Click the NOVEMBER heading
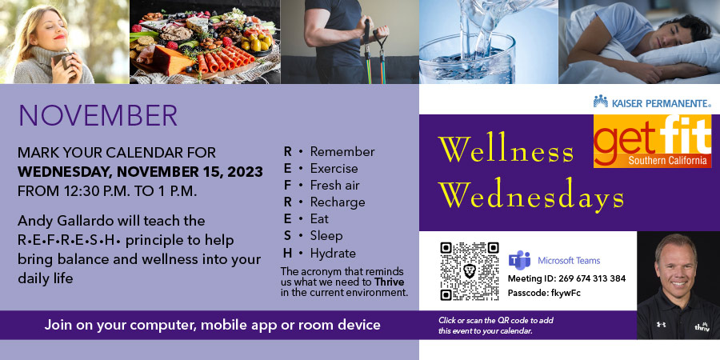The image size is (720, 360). point(98,115)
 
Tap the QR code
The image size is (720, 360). point(470,271)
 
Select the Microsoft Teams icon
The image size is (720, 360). point(519,260)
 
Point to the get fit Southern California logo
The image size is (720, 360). point(652,141)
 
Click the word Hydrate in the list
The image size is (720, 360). point(333,253)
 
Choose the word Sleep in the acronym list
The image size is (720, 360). point(326,236)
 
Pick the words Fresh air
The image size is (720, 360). point(334,186)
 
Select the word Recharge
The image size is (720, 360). point(338,202)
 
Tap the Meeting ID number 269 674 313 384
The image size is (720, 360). point(591,278)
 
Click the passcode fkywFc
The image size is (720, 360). point(566,293)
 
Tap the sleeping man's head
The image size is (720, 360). point(682,31)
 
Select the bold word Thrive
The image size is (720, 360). point(389,282)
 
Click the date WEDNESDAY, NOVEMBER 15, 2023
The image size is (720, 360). point(140,172)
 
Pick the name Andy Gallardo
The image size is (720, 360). point(66,222)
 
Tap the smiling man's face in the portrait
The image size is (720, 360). point(676,265)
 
